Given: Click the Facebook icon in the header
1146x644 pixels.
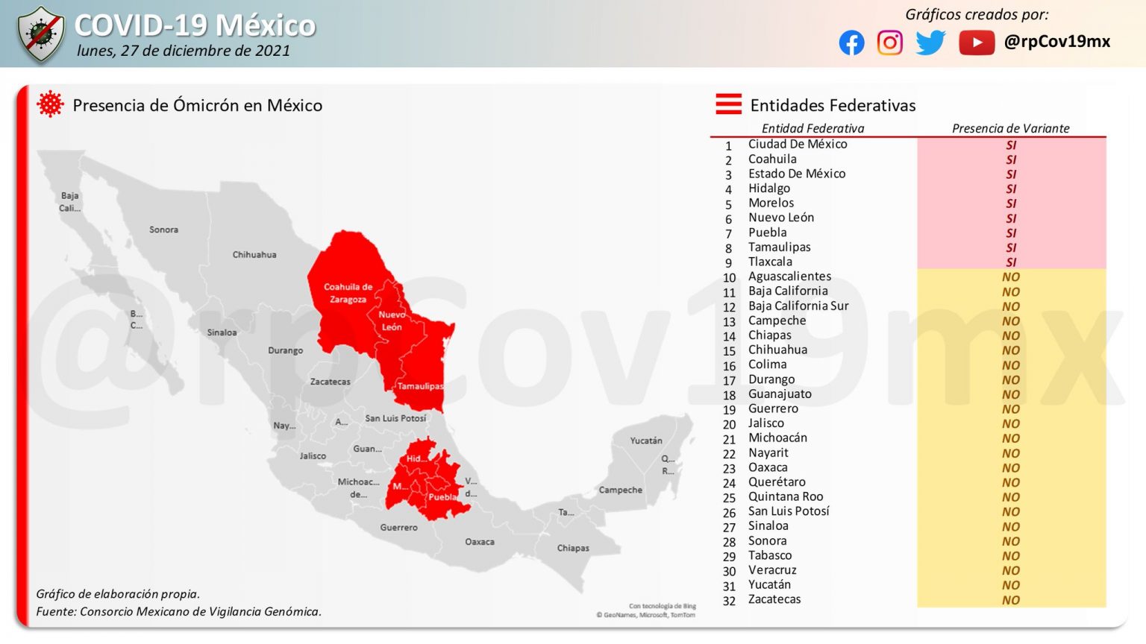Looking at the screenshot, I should [x=851, y=42].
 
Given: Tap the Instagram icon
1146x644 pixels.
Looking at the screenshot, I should [x=889, y=42].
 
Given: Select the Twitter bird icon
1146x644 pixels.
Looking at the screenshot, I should [x=930, y=42].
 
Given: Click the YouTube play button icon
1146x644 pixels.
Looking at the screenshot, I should [x=977, y=42].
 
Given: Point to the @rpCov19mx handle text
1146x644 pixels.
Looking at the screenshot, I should [x=1057, y=42].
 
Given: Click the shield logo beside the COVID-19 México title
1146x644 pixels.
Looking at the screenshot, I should [x=42, y=34].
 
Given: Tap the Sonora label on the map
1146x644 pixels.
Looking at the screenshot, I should [x=163, y=230].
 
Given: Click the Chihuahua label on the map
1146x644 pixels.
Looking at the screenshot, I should [x=254, y=255].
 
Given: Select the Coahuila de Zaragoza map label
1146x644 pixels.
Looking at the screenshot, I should [x=348, y=293].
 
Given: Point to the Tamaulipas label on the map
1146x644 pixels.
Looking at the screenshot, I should [x=420, y=386].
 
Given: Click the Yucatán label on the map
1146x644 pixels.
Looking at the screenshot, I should [x=646, y=441].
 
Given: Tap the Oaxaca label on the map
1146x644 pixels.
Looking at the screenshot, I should [x=480, y=542].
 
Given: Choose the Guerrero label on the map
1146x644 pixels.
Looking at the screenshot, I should [x=399, y=527].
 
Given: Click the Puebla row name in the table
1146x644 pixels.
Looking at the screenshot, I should [x=768, y=233].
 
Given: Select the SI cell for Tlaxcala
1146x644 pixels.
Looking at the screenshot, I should [x=1011, y=262].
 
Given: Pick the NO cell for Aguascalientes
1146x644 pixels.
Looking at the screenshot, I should [x=1011, y=277].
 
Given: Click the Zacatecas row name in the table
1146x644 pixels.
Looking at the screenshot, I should [x=774, y=599].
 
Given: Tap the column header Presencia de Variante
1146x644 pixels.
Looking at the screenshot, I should [x=1010, y=128].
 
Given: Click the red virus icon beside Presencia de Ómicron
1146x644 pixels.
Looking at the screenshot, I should [x=50, y=104].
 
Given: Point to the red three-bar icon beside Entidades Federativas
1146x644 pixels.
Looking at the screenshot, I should [x=728, y=104].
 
